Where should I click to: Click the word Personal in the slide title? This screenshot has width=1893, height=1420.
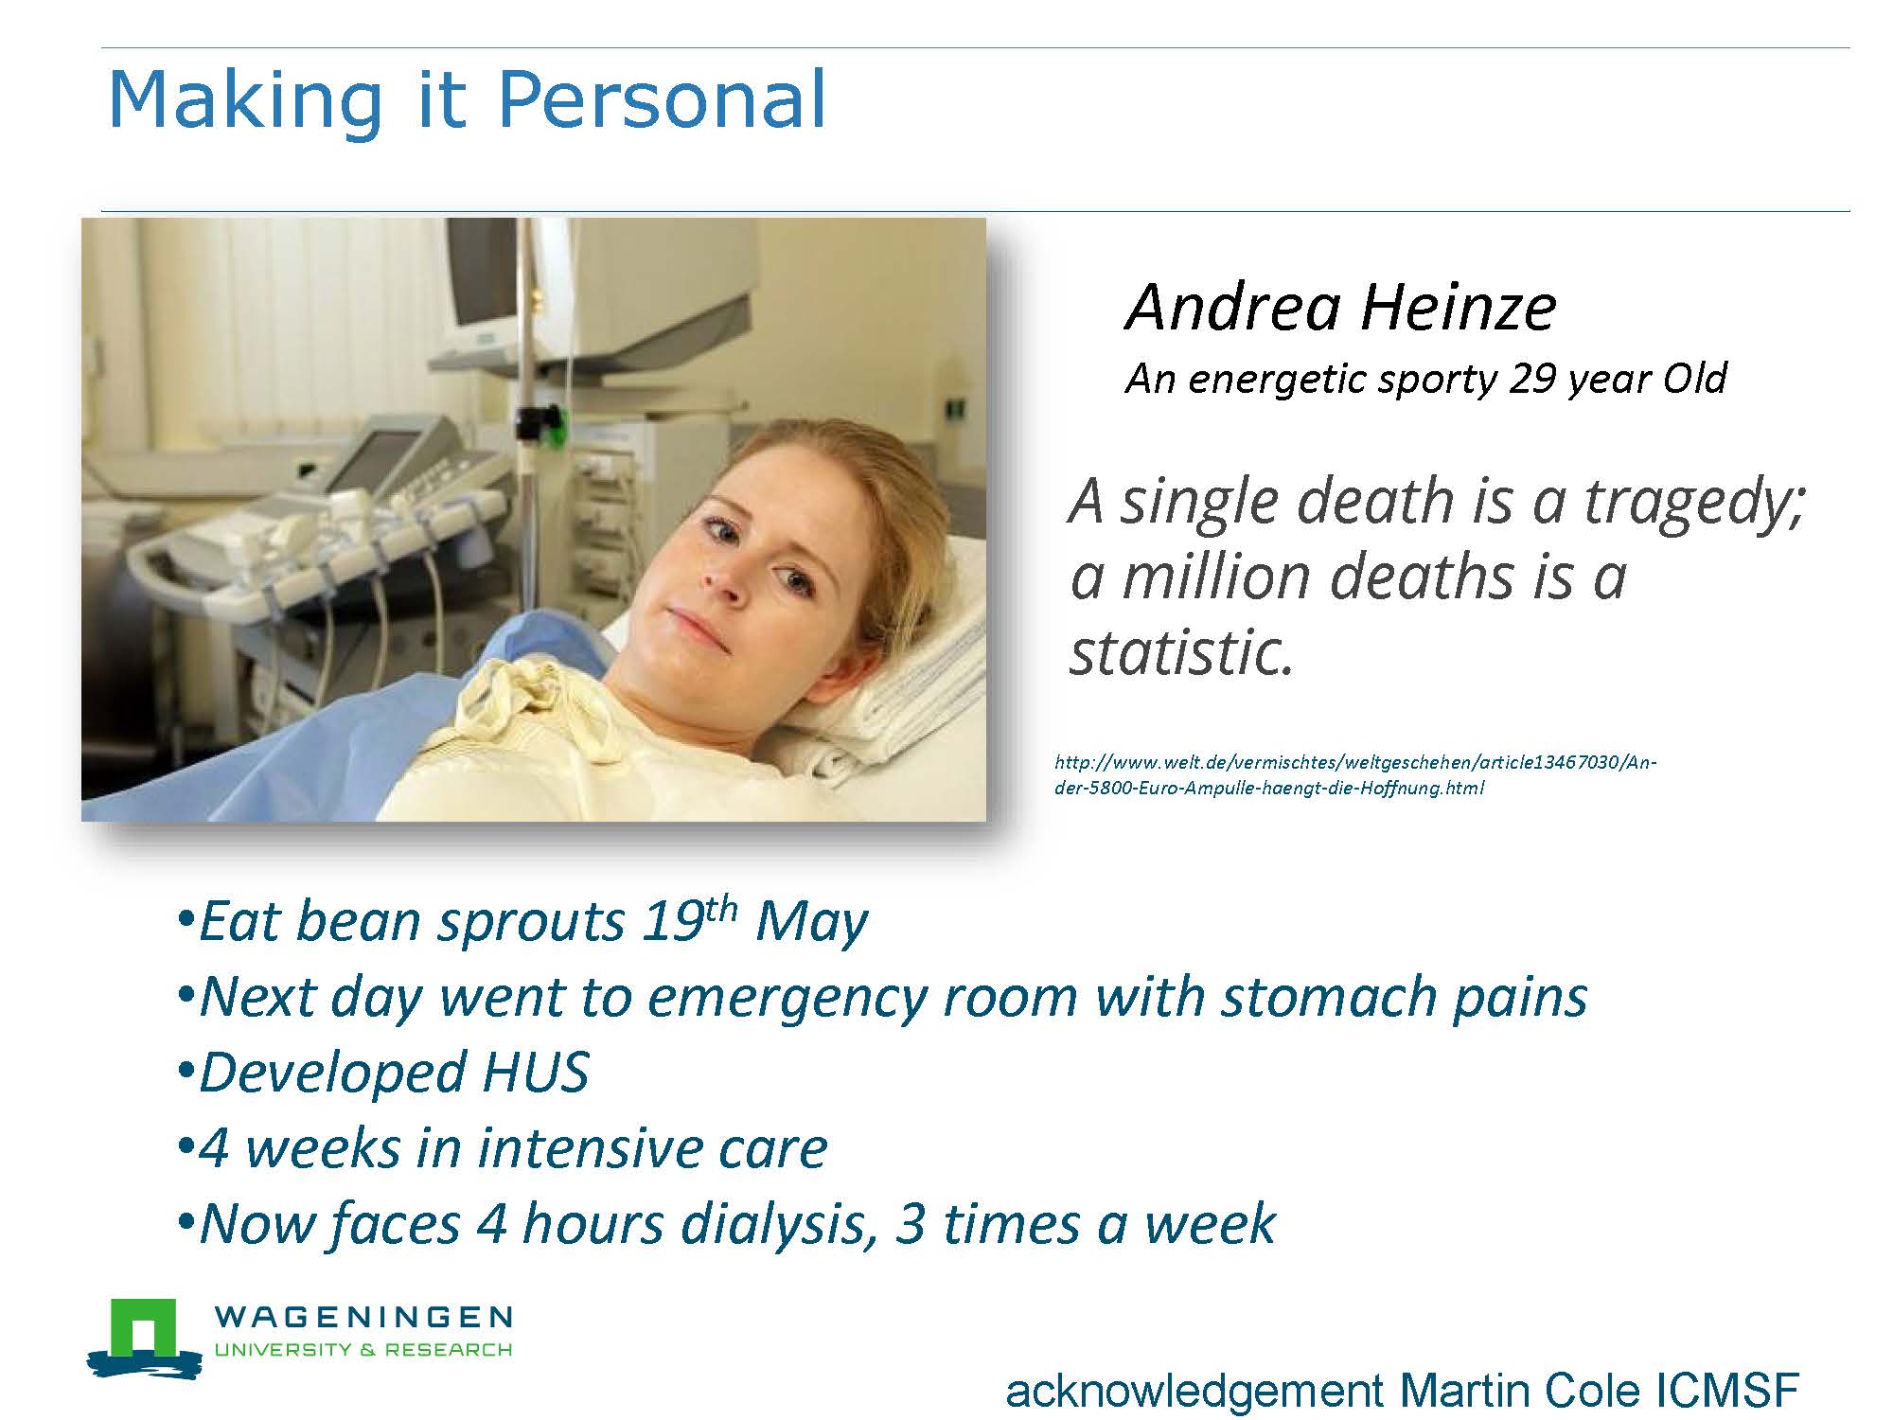(662, 99)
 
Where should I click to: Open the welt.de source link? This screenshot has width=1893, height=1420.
(1354, 774)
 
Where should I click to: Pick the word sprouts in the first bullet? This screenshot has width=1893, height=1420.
(529, 923)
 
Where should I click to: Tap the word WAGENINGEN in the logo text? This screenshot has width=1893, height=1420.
(363, 1318)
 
